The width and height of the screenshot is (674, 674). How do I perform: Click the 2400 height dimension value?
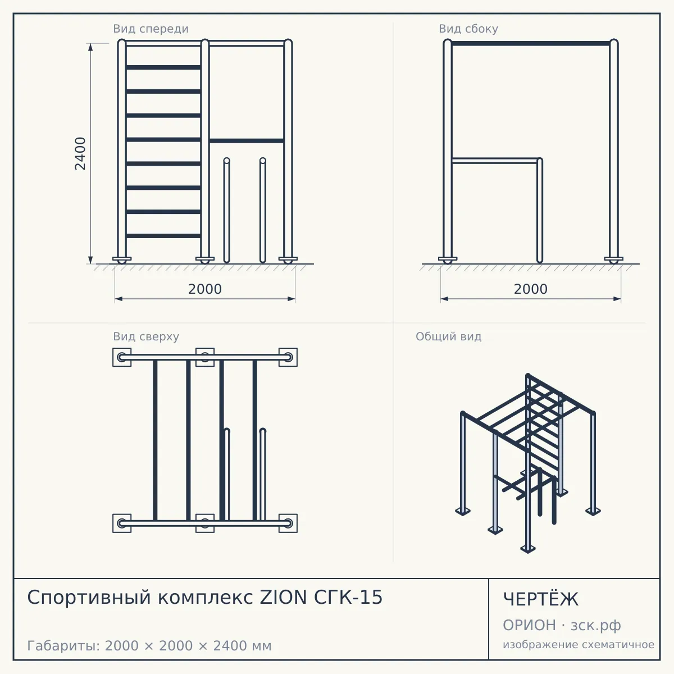pos(80,153)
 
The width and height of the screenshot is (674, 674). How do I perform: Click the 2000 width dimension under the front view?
pos(205,289)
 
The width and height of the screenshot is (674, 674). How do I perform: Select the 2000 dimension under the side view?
pos(531,289)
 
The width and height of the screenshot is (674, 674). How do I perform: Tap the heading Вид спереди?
pos(151,29)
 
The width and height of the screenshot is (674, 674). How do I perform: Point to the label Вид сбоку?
pos(468,29)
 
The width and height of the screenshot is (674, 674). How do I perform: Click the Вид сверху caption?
pos(146,336)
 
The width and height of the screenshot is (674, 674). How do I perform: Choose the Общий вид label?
pos(448,336)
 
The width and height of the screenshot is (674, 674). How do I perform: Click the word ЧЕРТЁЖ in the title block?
pos(541,599)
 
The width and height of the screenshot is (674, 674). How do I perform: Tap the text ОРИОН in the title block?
pos(529,625)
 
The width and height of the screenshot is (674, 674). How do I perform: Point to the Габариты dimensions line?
pos(149,646)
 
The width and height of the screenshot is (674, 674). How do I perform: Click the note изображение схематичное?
pos(579,644)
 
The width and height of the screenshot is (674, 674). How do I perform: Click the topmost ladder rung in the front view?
pos(163,67)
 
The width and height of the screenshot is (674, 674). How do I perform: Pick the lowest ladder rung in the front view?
pos(163,236)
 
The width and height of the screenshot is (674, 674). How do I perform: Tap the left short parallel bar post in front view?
pos(227,210)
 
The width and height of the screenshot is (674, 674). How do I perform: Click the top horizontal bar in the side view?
pos(531,43)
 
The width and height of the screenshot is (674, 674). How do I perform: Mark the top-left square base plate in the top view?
pos(122,357)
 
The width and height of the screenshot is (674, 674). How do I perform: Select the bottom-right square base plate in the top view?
pos(288,523)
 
